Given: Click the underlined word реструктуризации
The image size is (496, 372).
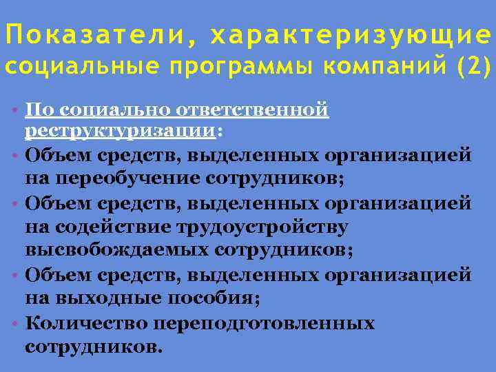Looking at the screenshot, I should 120,130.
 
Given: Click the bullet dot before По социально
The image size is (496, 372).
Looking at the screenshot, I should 14,110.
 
